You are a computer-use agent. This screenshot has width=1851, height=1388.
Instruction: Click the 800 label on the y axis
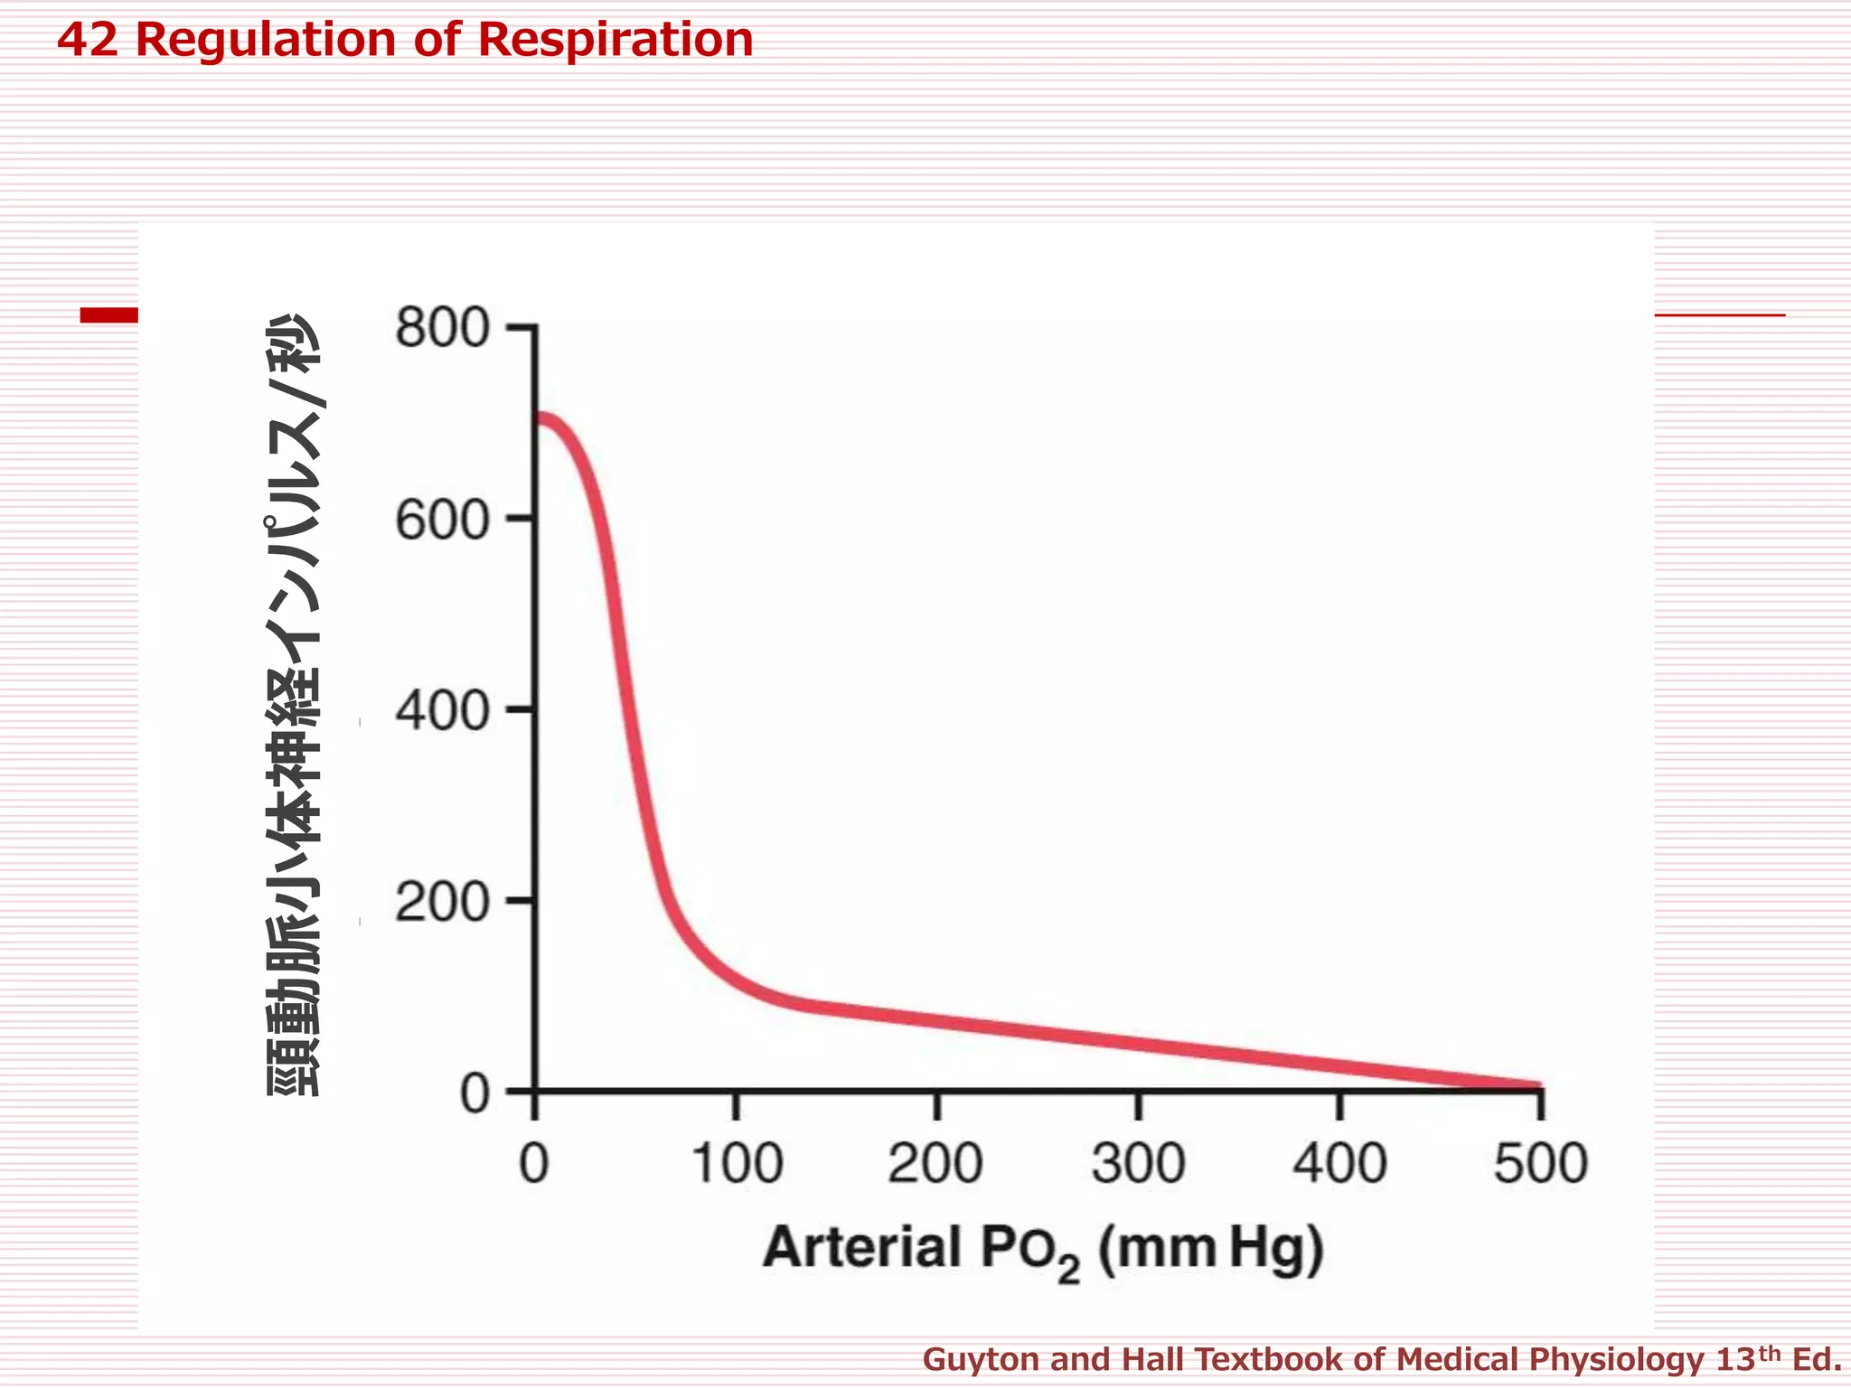click(x=442, y=328)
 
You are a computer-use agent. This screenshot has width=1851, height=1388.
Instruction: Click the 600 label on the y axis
click(x=442, y=520)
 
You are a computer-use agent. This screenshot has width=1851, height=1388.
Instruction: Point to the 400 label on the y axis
click(x=442, y=712)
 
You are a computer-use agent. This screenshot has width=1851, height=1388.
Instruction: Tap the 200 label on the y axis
click(x=442, y=903)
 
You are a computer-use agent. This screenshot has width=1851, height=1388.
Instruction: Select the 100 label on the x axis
click(x=737, y=1164)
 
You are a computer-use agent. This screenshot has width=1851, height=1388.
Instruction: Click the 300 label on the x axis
click(x=1138, y=1164)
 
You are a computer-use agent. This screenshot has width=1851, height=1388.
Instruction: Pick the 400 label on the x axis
click(x=1339, y=1164)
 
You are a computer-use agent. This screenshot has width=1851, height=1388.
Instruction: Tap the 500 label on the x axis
click(x=1540, y=1164)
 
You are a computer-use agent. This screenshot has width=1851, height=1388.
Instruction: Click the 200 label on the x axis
click(x=935, y=1164)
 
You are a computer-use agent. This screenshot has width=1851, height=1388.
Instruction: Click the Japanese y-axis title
click(x=295, y=705)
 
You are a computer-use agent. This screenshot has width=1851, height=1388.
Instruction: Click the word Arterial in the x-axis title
click(x=862, y=1248)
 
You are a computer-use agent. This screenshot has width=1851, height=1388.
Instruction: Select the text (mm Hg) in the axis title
click(x=1211, y=1250)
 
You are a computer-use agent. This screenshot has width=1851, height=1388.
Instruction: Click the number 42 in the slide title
click(x=88, y=40)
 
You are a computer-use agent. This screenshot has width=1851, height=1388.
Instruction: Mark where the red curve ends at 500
click(x=1536, y=1085)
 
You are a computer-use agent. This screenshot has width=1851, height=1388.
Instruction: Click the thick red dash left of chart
click(x=108, y=314)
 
